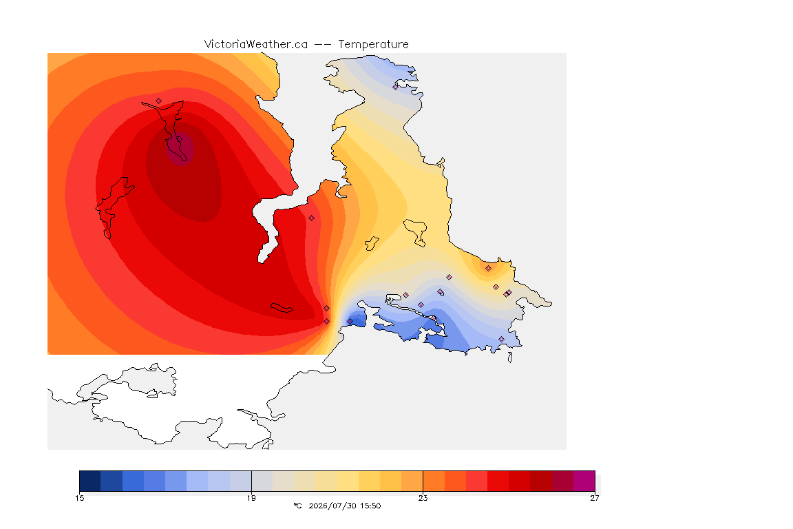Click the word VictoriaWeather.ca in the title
(x=256, y=45)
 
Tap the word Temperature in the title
(x=373, y=45)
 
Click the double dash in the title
(x=323, y=45)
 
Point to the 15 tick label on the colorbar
(x=79, y=498)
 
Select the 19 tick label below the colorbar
(x=251, y=498)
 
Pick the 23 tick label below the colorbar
(x=423, y=498)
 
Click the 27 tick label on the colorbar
(x=595, y=498)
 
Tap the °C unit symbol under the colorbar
(x=297, y=506)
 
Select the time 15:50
(x=370, y=506)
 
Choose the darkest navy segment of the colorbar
(x=90, y=481)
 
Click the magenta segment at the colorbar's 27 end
(x=584, y=481)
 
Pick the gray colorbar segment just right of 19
(x=262, y=481)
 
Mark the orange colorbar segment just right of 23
(x=434, y=481)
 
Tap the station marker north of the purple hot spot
(x=159, y=101)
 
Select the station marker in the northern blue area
(x=396, y=87)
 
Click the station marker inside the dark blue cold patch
(x=350, y=322)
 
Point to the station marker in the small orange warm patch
(x=488, y=269)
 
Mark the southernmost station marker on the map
(x=501, y=339)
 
